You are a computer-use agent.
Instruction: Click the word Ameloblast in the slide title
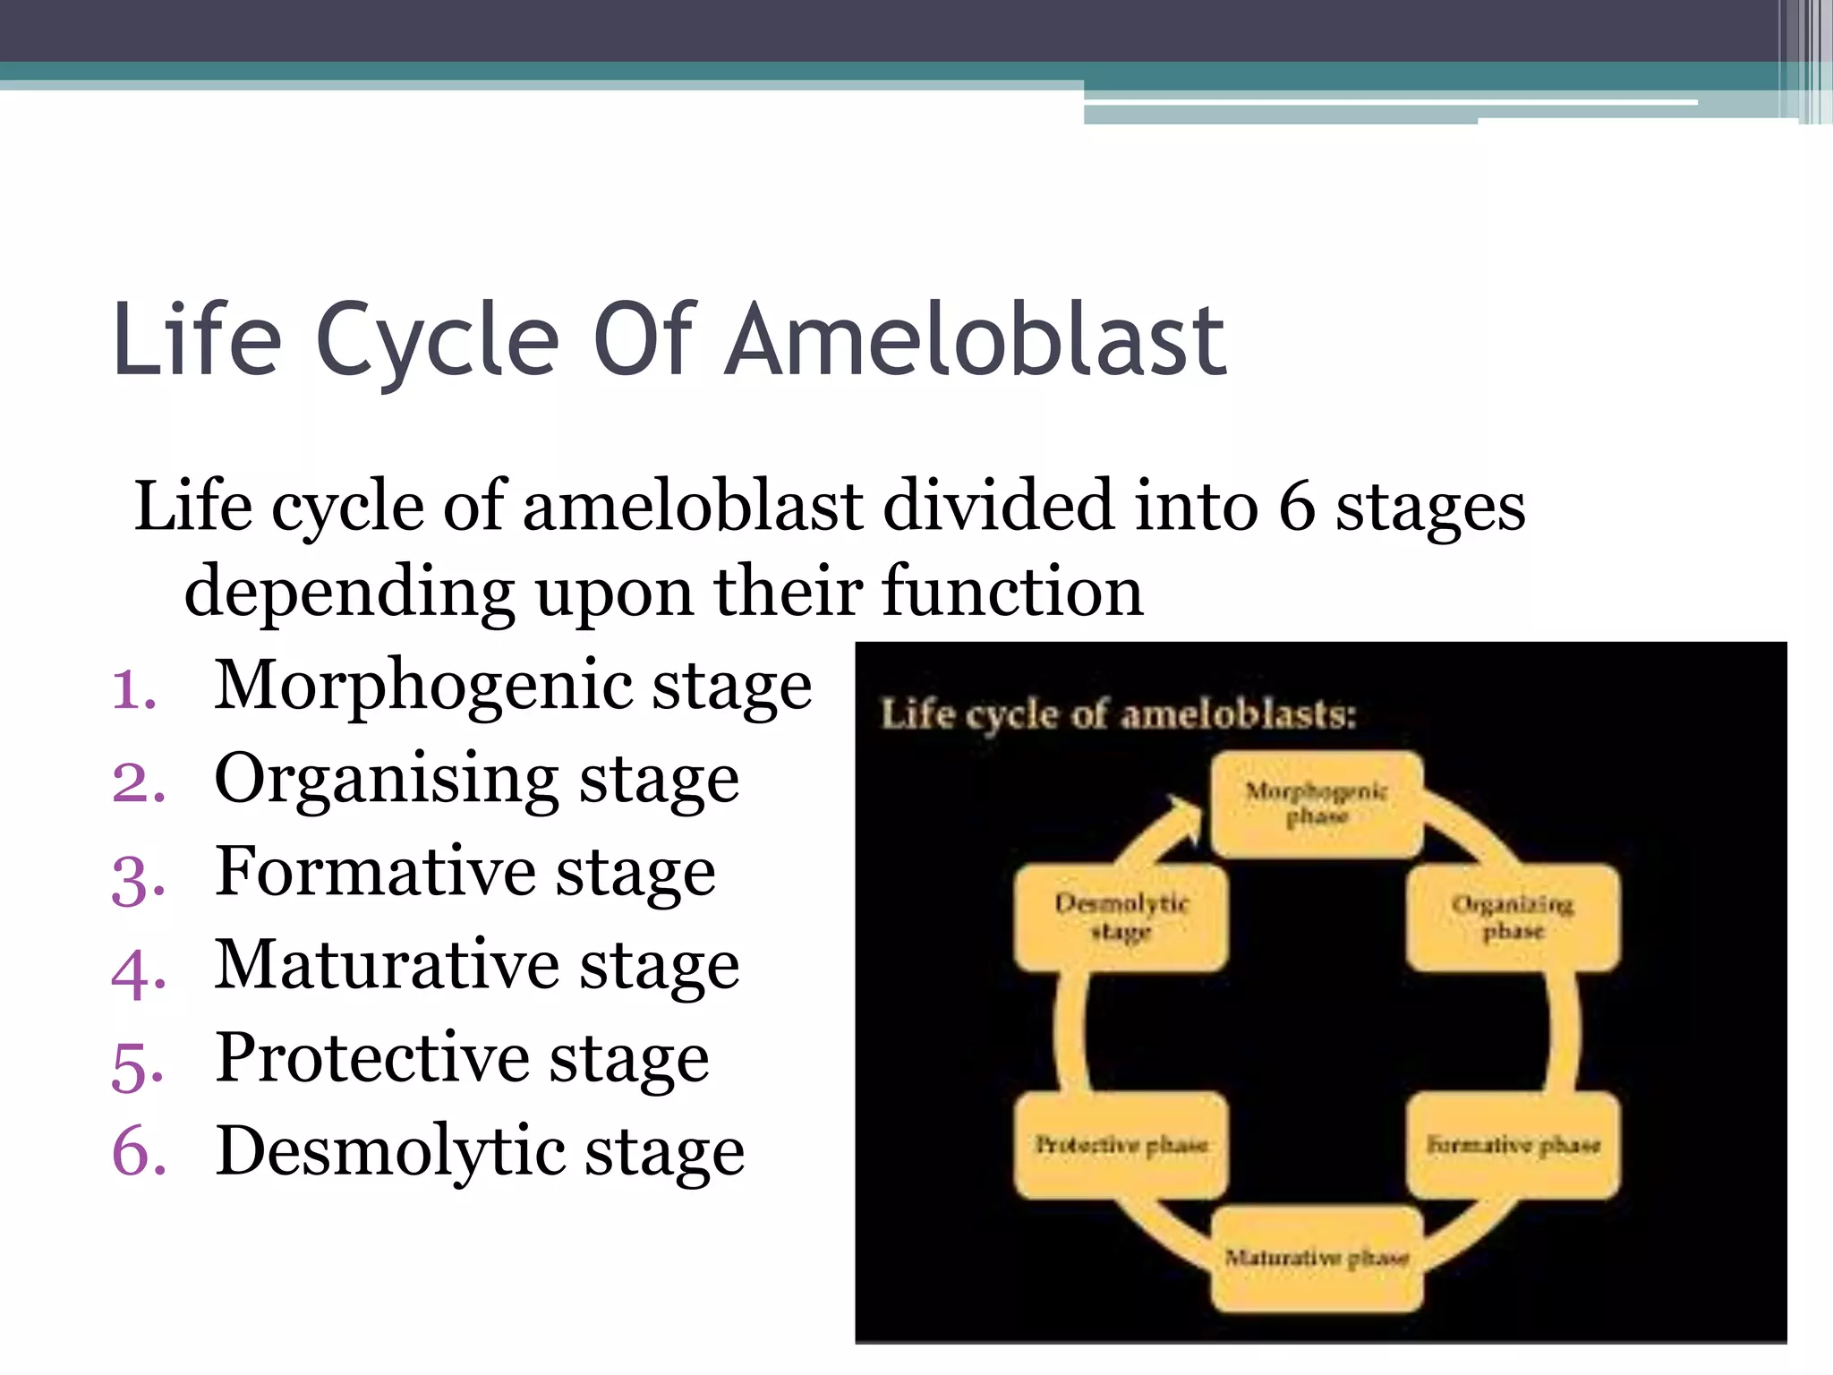point(976,340)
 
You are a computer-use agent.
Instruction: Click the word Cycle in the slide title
point(439,340)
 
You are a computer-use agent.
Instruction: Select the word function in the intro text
point(1012,592)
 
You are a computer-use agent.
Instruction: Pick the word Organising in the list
point(384,779)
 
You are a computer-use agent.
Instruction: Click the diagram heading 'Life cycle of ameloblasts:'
point(1119,714)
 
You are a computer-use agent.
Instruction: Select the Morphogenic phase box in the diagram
point(1317,804)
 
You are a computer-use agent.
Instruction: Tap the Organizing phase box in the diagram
point(1513,917)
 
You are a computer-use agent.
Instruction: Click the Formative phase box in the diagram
point(1513,1144)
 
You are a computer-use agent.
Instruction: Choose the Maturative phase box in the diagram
point(1317,1258)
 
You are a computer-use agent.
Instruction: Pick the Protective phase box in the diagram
point(1121,1144)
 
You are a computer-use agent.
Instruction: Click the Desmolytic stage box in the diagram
point(1121,917)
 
